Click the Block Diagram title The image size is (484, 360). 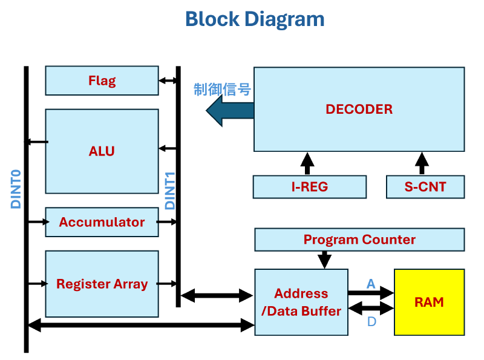point(255,19)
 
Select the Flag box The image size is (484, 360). point(102,80)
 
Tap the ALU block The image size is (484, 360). point(102,151)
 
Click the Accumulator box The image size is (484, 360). point(102,222)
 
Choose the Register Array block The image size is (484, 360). point(102,284)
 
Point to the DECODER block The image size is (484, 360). point(359,109)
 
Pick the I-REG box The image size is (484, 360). point(309,187)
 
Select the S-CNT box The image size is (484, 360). point(425,187)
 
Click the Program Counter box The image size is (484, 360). point(359,240)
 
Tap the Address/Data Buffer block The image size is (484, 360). point(301,302)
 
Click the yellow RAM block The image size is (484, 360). point(429,302)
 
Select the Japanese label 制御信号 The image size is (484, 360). point(222,90)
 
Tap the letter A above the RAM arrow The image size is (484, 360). point(371,283)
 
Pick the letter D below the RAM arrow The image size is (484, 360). point(371,321)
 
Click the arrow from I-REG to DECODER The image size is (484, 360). point(307,163)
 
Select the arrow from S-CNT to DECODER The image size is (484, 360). point(422,163)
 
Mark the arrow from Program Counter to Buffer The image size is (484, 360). point(325,260)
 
